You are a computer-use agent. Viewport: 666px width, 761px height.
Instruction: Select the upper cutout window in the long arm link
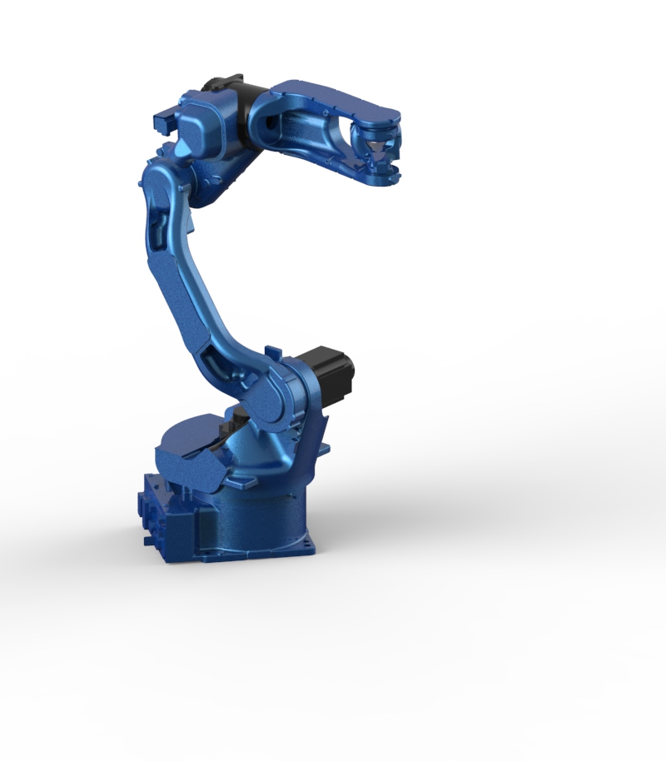point(162,227)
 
